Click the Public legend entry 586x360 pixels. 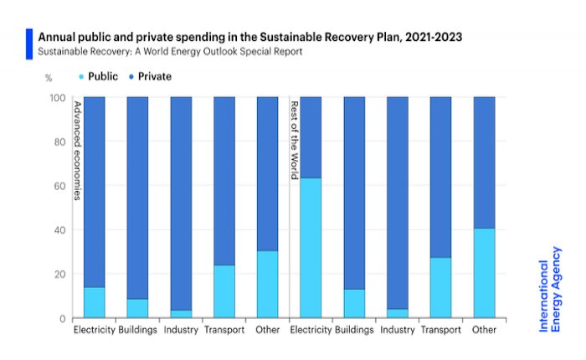[104, 76]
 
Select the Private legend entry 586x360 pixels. [151, 76]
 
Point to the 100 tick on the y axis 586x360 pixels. [57, 97]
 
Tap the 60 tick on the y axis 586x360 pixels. [59, 186]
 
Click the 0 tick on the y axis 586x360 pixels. [62, 319]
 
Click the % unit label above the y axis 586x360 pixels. [49, 77]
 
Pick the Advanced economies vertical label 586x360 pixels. [77, 151]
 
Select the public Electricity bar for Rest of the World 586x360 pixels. [311, 248]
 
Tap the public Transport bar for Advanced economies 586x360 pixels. [224, 291]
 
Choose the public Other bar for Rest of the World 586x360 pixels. [485, 273]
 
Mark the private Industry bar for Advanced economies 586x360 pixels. [181, 201]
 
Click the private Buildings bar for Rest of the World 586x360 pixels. [355, 193]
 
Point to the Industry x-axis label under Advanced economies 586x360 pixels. [181, 330]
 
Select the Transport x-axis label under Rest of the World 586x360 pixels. [441, 330]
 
